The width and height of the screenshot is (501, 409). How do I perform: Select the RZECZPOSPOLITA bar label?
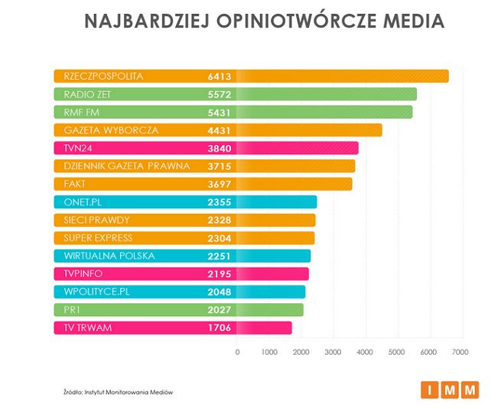coord(103,76)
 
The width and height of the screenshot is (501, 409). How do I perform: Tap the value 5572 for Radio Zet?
coord(219,94)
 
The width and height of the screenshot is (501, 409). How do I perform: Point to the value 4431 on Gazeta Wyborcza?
coord(219,130)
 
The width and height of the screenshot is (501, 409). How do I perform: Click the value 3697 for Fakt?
coord(219,184)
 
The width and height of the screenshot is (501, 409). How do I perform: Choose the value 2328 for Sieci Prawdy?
coord(219,221)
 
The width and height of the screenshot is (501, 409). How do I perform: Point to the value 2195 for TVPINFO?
coord(219,274)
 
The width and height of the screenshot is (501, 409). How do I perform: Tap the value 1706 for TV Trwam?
coord(219,328)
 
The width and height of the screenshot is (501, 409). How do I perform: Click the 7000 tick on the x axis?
coord(459,352)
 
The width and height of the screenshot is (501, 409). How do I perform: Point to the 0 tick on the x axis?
coord(237,352)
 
